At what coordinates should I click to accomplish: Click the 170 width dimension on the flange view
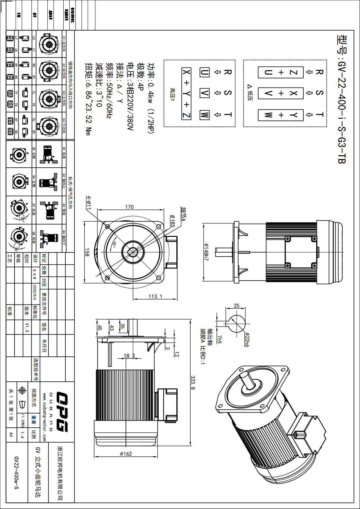point(129,207)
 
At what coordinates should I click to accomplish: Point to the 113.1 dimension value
point(155,296)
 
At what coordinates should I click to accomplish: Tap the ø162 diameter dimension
point(126,454)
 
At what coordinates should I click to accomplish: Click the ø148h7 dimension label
point(206,252)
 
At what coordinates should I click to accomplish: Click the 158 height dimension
point(87,252)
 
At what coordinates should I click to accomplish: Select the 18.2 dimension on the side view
point(129,356)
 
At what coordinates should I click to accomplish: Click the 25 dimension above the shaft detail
point(237,306)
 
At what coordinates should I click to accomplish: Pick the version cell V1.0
point(27,327)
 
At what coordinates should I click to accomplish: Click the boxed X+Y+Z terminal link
point(186,94)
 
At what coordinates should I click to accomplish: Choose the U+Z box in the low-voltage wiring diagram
point(281,72)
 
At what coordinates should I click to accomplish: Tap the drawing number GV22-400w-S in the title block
point(16,472)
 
